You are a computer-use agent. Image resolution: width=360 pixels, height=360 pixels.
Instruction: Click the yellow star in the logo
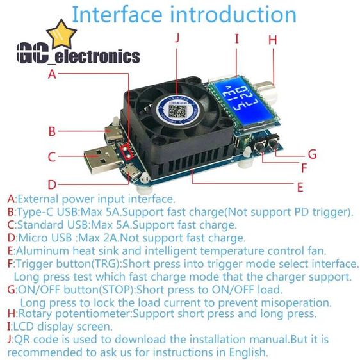pyautogui.click(x=61, y=35)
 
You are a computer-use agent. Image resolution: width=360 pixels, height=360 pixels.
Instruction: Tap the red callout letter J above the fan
pyautogui.click(x=177, y=37)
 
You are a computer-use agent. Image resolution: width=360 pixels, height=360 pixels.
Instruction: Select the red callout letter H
pyautogui.click(x=273, y=40)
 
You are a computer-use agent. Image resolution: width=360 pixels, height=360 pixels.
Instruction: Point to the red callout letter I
pyautogui.click(x=237, y=38)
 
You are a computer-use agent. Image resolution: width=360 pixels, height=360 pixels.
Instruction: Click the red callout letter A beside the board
pyautogui.click(x=52, y=74)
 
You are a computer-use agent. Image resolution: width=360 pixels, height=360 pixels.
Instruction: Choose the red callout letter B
pyautogui.click(x=52, y=131)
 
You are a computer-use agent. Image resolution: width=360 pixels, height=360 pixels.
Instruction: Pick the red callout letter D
pyautogui.click(x=52, y=184)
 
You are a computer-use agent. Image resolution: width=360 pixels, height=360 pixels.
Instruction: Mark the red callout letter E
pyautogui.click(x=300, y=187)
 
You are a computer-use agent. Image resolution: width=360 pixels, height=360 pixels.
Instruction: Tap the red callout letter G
pyautogui.click(x=312, y=154)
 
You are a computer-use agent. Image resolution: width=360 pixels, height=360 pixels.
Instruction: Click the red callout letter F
pyautogui.click(x=304, y=168)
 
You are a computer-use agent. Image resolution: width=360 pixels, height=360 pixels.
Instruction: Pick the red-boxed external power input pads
pyautogui.click(x=127, y=152)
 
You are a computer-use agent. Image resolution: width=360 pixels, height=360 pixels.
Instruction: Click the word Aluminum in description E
pyautogui.click(x=42, y=250)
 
